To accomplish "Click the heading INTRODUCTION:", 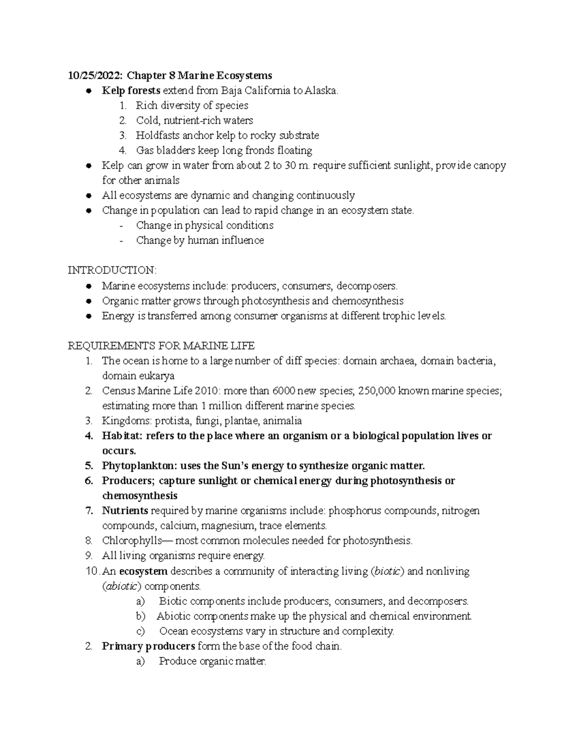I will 112,270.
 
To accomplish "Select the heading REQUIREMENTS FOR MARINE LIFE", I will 161,346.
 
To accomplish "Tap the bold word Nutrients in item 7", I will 125,511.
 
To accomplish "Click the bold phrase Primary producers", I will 149,646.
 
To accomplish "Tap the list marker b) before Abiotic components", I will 141,616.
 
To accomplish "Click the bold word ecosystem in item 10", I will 143,572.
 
